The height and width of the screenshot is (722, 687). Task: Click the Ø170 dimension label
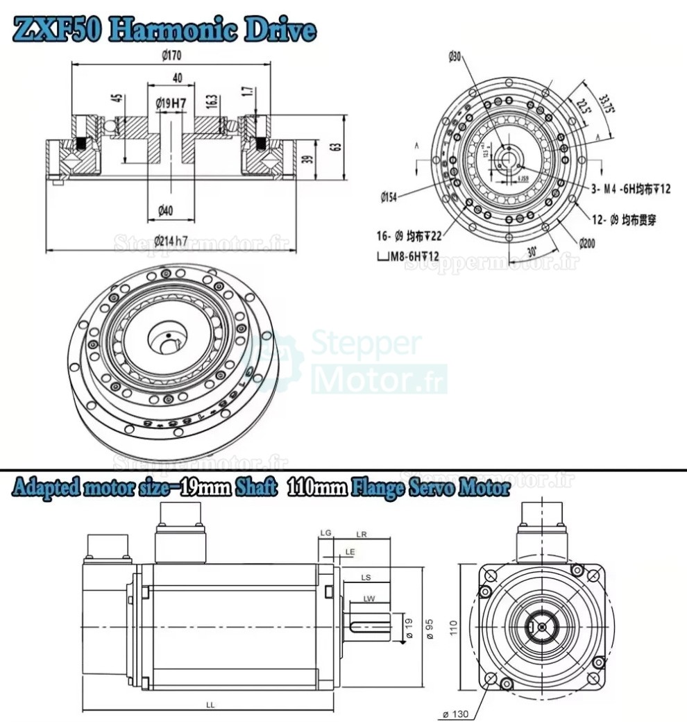coord(172,56)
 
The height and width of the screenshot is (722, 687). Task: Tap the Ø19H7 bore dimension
coord(171,103)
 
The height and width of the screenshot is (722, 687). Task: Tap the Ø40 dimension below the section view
coord(165,210)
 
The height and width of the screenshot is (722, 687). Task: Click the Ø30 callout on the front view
coord(455,56)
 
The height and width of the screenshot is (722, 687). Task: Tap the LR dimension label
coord(361,534)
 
